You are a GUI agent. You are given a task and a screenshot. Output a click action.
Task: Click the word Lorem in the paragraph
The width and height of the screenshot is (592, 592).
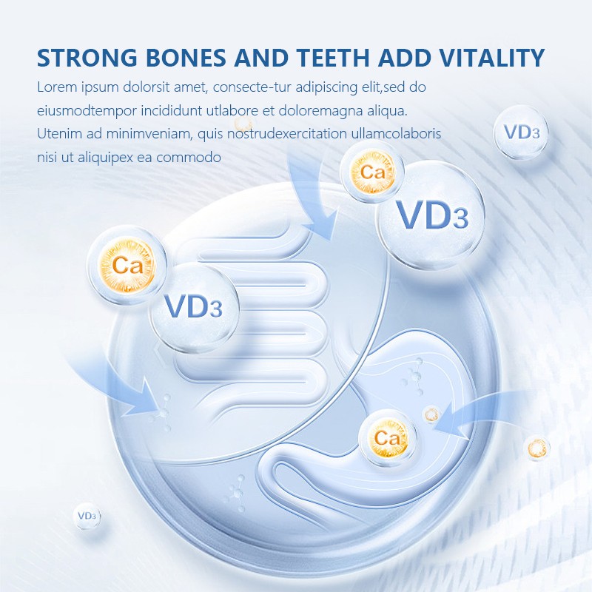(x=55, y=87)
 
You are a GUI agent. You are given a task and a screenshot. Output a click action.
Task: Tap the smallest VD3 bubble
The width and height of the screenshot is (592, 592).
(x=87, y=516)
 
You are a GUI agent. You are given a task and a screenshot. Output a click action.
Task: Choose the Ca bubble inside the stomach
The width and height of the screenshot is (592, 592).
(x=386, y=439)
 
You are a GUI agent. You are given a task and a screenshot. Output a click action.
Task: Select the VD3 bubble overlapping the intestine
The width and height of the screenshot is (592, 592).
(x=194, y=307)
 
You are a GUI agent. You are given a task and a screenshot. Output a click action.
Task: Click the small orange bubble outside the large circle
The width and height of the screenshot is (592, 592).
(x=537, y=447)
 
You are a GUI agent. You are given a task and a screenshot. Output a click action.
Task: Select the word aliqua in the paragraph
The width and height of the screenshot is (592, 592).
(x=386, y=111)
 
